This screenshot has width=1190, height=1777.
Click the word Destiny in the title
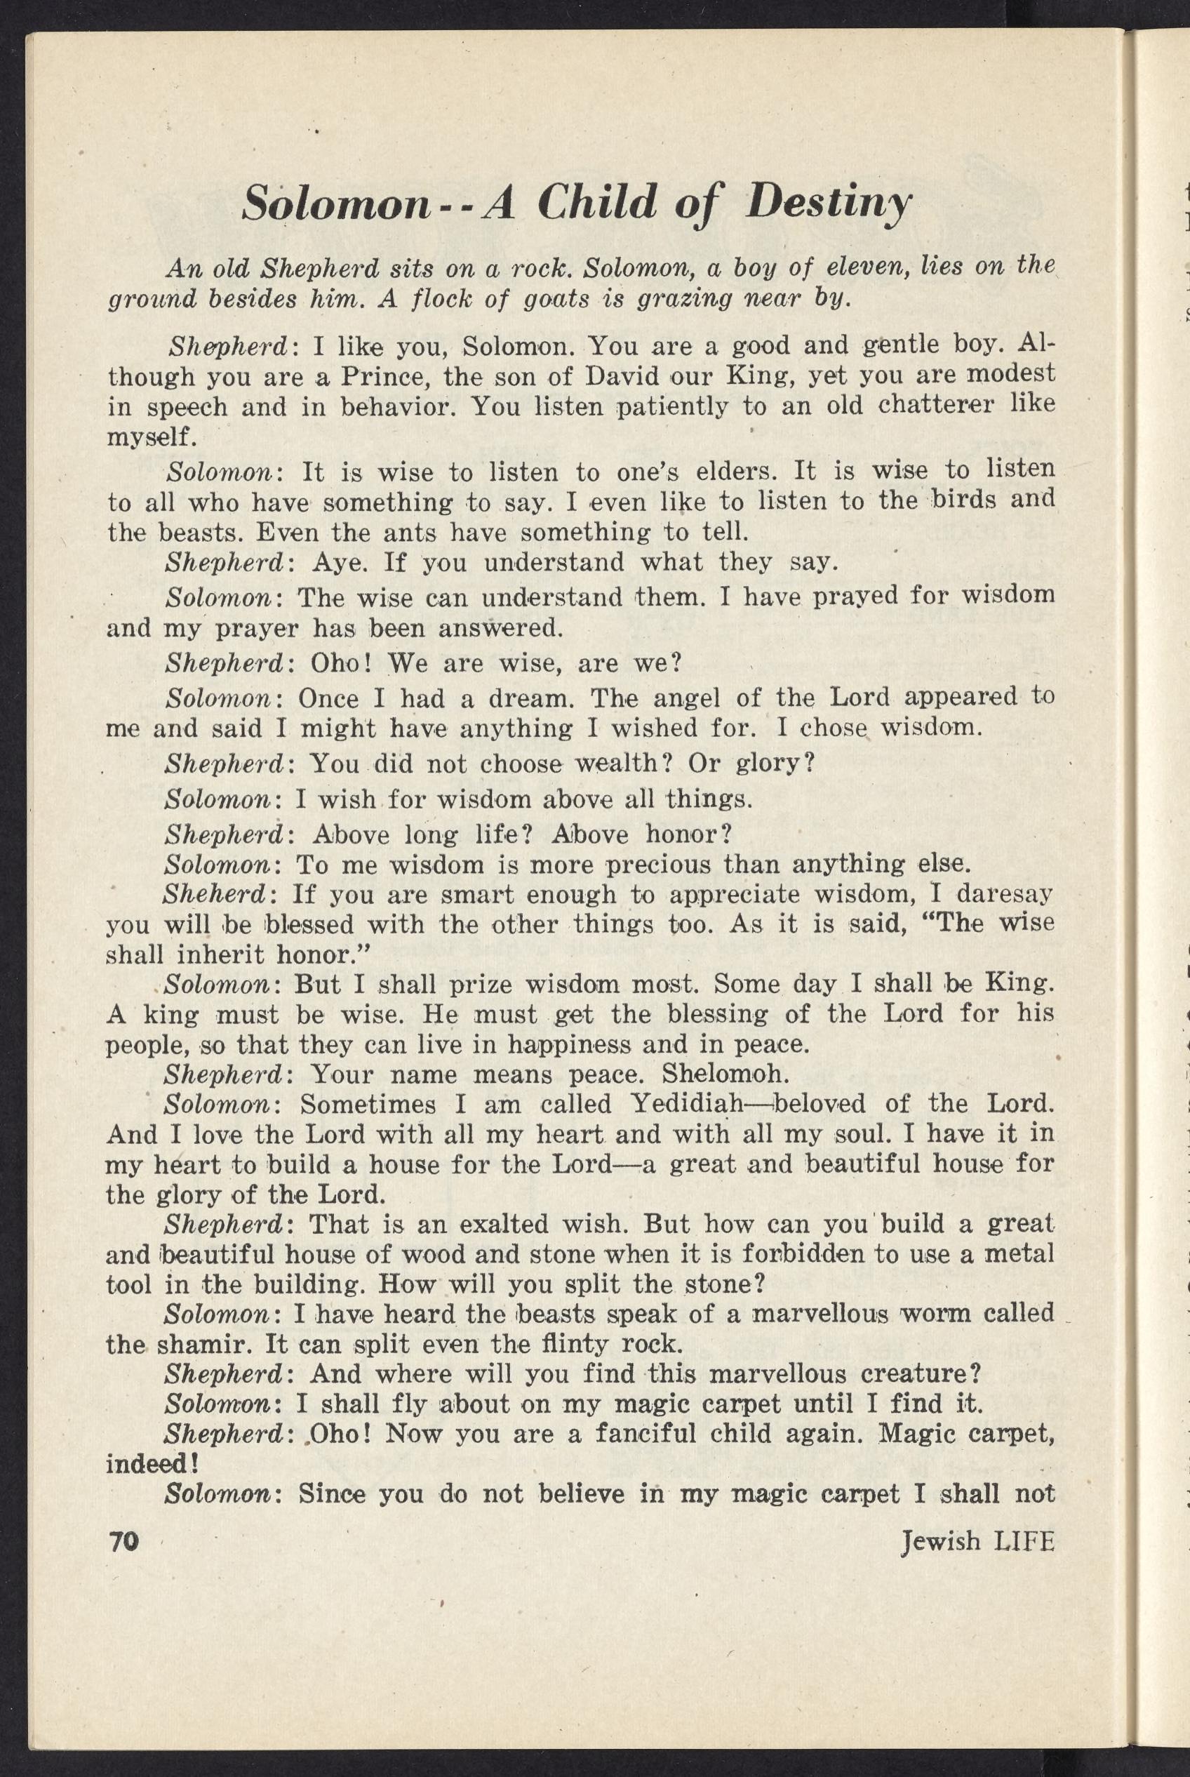tap(828, 204)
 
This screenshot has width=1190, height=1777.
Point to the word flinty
tap(569, 1344)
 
